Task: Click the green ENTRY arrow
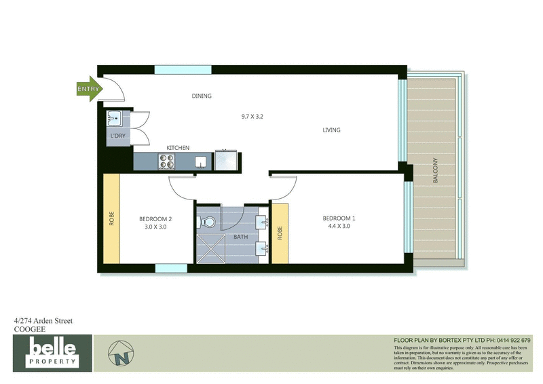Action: (89, 89)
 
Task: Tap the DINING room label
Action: (202, 96)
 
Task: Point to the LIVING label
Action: (331, 130)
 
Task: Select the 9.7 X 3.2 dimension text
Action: (252, 116)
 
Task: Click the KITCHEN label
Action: (178, 148)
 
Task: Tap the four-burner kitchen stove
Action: (166, 161)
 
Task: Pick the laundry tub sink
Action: (114, 119)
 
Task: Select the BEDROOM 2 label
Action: (155, 218)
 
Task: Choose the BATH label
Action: (241, 237)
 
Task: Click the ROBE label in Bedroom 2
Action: (111, 220)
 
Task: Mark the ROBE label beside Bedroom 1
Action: (279, 233)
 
